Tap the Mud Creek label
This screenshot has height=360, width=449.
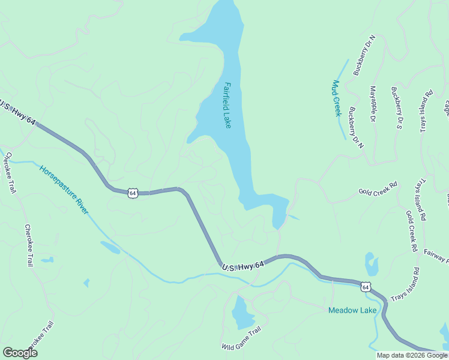pos(337,98)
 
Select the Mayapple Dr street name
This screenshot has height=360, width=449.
pos(373,104)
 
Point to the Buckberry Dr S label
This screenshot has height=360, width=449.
pos(396,109)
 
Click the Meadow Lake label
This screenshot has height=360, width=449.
pos(352,310)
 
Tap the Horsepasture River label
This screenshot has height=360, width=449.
pos(64,190)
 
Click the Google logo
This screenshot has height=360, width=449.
pos(20,353)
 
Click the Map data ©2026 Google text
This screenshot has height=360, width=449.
pos(411,355)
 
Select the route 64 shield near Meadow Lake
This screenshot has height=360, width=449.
pos(366,287)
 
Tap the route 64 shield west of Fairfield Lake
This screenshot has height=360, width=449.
pos(133,193)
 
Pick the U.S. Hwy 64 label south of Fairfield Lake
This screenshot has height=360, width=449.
pos(243,266)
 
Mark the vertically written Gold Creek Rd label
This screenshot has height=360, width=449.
pos(411,230)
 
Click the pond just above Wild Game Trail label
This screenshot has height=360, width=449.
pos(243,313)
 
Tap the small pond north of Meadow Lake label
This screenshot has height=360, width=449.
pos(372,263)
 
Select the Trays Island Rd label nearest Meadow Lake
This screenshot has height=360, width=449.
pos(405,285)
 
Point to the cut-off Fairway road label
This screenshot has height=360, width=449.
pos(436,257)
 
